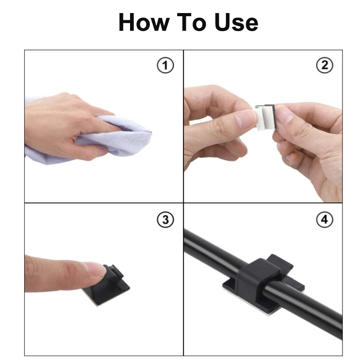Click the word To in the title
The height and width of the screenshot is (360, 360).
click(193, 22)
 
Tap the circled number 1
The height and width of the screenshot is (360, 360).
click(165, 66)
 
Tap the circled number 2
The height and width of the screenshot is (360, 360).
click(324, 66)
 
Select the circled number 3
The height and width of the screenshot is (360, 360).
click(165, 220)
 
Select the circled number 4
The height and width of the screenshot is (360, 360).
click(324, 220)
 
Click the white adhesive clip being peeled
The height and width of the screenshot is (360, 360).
click(264, 116)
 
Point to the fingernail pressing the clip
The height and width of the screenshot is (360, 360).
click(96, 269)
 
